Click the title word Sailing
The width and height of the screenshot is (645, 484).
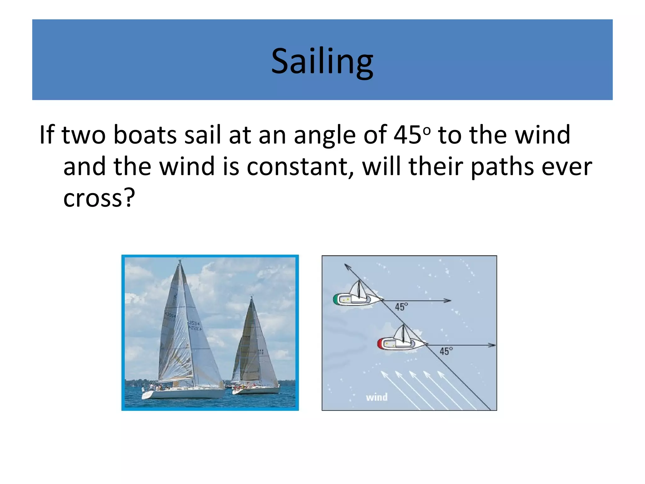coord(322,61)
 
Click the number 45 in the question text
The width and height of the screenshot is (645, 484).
coord(407,135)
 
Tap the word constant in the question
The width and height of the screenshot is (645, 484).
coord(297,167)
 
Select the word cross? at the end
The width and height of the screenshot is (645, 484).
coord(99,198)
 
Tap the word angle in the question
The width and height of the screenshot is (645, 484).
coord(324,135)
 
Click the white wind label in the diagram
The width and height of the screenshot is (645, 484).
coord(377,397)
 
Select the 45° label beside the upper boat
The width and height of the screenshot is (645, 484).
coord(401,307)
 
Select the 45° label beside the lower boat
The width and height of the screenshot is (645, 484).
coord(446,351)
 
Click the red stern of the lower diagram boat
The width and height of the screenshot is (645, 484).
coord(380,344)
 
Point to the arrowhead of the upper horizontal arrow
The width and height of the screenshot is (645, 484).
coord(448,301)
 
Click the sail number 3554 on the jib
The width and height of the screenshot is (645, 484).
coord(194,323)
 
